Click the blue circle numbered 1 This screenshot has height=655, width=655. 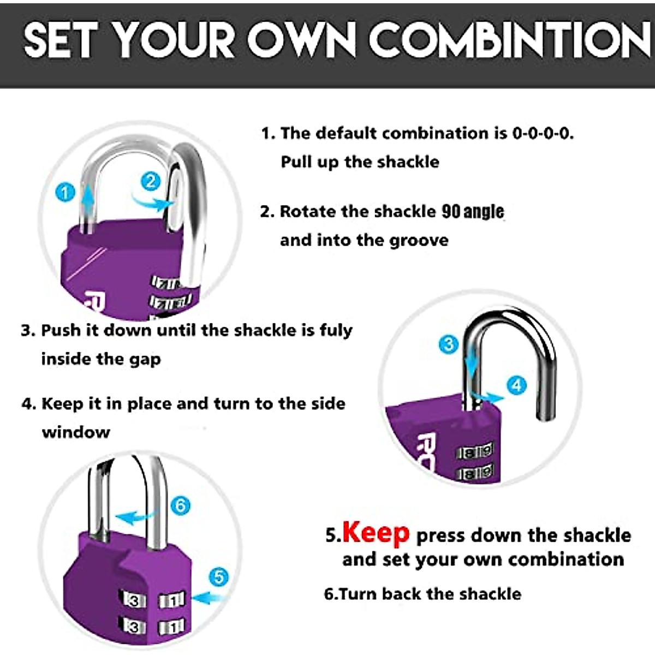[65, 192]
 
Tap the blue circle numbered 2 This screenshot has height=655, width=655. [151, 181]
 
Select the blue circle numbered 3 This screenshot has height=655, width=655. [449, 344]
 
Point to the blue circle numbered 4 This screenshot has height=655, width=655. [516, 385]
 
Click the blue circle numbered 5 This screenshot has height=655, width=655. [218, 576]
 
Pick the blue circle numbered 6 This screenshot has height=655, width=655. [181, 505]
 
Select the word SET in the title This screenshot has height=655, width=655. [61, 41]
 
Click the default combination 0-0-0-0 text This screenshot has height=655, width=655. [543, 133]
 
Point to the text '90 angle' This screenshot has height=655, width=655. [473, 211]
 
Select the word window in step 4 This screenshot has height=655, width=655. [76, 432]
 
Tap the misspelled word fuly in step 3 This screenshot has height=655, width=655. [336, 330]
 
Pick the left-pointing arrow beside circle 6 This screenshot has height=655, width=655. [134, 516]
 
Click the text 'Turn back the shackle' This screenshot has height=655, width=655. [430, 593]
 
